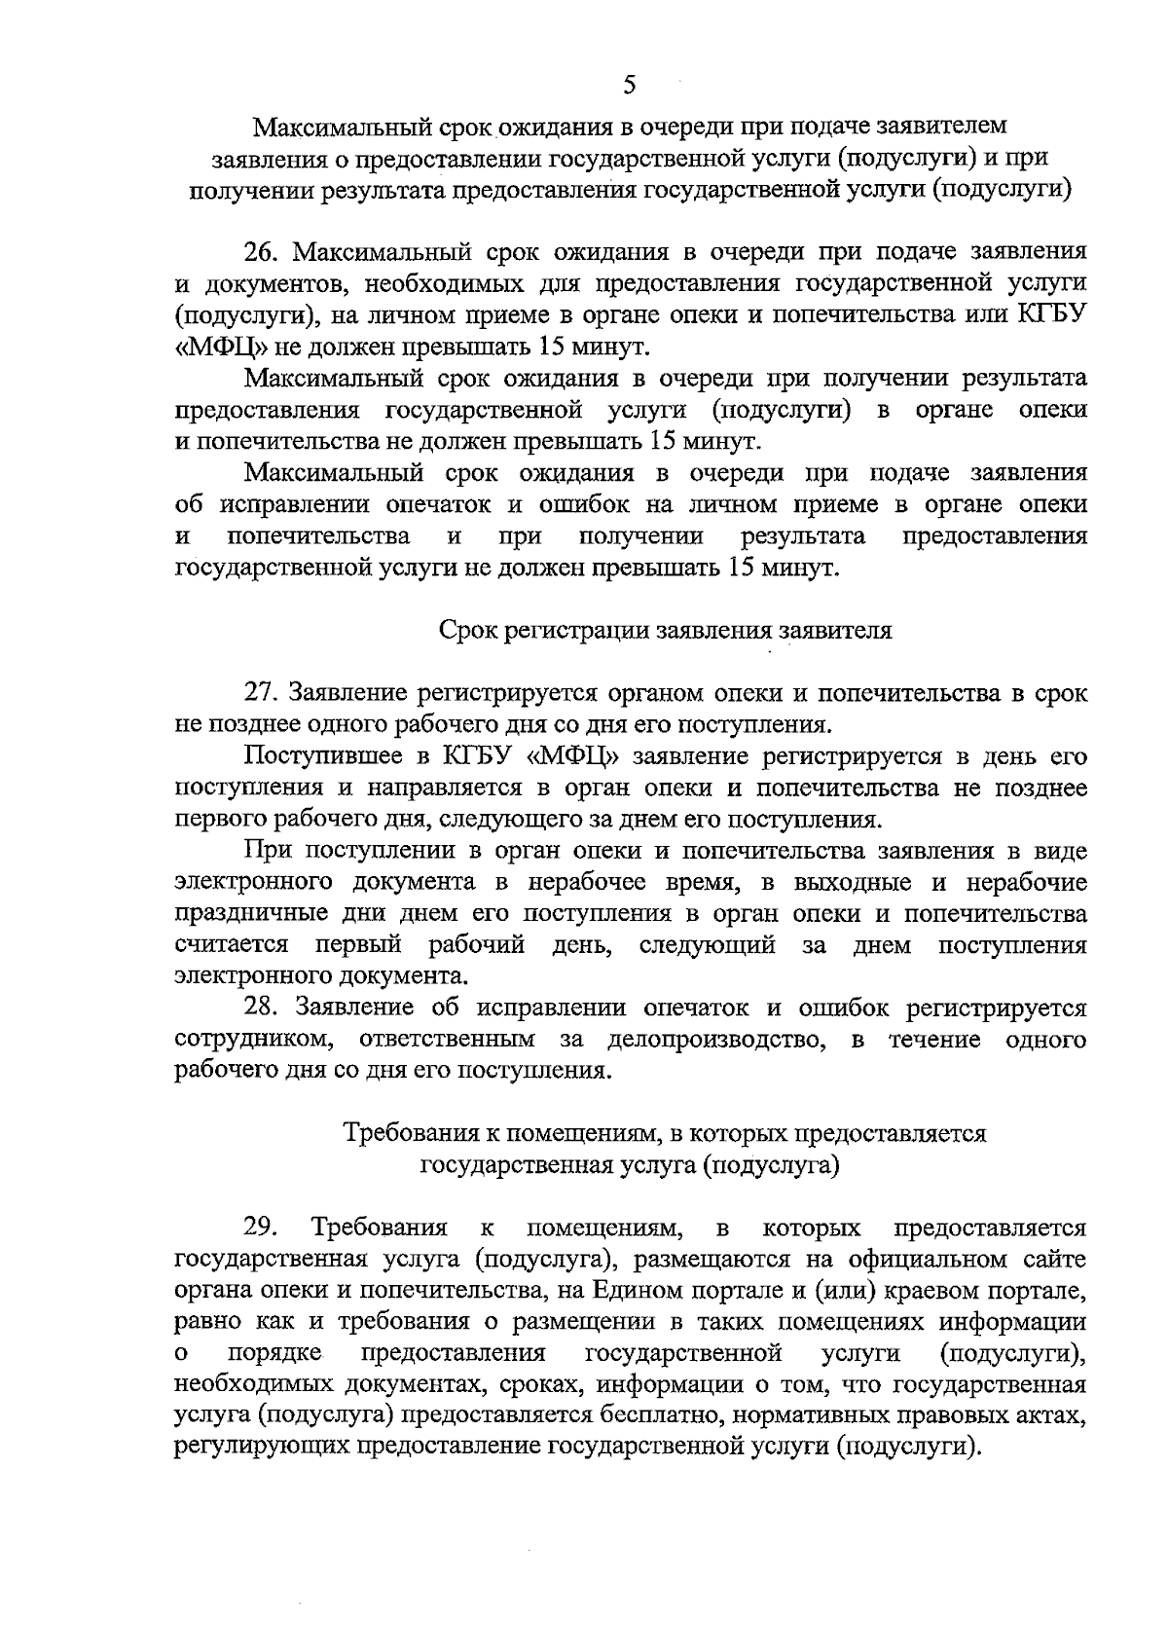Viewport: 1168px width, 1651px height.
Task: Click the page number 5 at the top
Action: [629, 85]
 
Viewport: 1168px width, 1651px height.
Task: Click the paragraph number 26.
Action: [263, 252]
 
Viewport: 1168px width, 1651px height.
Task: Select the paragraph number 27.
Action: [263, 693]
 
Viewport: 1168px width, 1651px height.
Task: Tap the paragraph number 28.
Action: [263, 1008]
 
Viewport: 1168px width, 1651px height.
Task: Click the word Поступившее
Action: [313, 756]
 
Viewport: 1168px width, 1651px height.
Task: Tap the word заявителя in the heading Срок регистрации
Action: [838, 630]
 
